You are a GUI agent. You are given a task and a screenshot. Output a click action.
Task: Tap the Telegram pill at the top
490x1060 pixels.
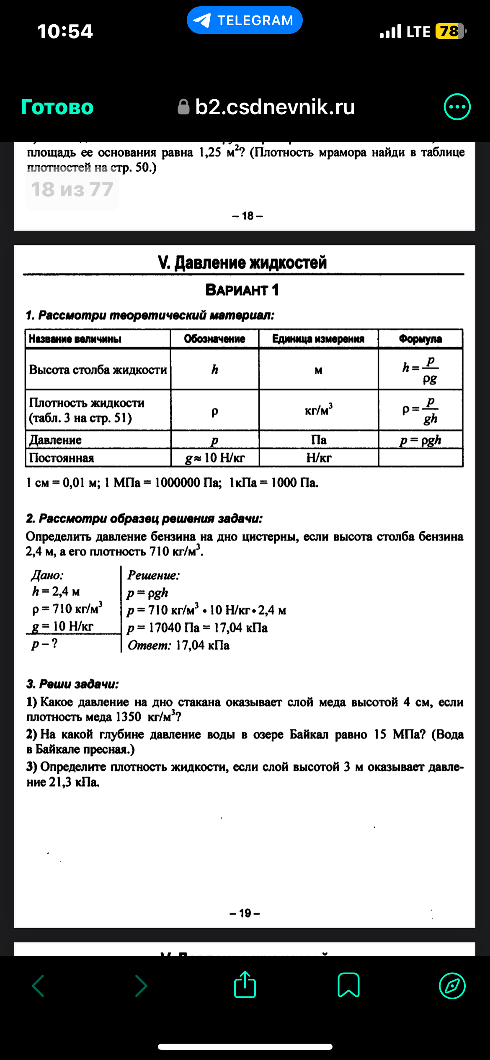(245, 20)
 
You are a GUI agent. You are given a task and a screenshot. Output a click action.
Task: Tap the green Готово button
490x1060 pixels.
(57, 107)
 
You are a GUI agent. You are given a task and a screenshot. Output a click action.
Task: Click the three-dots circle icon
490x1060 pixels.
(457, 107)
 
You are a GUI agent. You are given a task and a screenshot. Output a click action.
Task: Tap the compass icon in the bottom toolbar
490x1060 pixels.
(452, 985)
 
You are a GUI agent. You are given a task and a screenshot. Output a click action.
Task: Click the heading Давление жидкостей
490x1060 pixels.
(242, 262)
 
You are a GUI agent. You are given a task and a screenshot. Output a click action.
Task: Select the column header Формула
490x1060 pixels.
(420, 339)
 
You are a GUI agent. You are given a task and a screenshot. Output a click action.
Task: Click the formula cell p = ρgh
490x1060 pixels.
(420, 440)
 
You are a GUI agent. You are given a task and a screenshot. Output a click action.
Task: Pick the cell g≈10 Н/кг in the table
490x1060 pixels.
(215, 458)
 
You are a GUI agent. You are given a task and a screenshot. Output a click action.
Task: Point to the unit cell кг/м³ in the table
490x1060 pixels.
(319, 409)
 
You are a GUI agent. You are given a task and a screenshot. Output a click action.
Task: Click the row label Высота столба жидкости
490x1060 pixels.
(98, 370)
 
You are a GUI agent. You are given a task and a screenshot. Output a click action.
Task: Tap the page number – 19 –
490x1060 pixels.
(245, 913)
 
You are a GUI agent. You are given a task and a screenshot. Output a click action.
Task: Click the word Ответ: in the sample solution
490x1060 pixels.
(149, 645)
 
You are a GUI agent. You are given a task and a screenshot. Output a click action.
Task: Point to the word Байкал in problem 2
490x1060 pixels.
(309, 734)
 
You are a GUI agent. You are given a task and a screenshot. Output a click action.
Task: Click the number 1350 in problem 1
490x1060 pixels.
(128, 717)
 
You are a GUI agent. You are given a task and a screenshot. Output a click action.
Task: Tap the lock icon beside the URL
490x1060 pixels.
(183, 107)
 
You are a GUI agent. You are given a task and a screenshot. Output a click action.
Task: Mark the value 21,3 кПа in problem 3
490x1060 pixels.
(74, 782)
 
